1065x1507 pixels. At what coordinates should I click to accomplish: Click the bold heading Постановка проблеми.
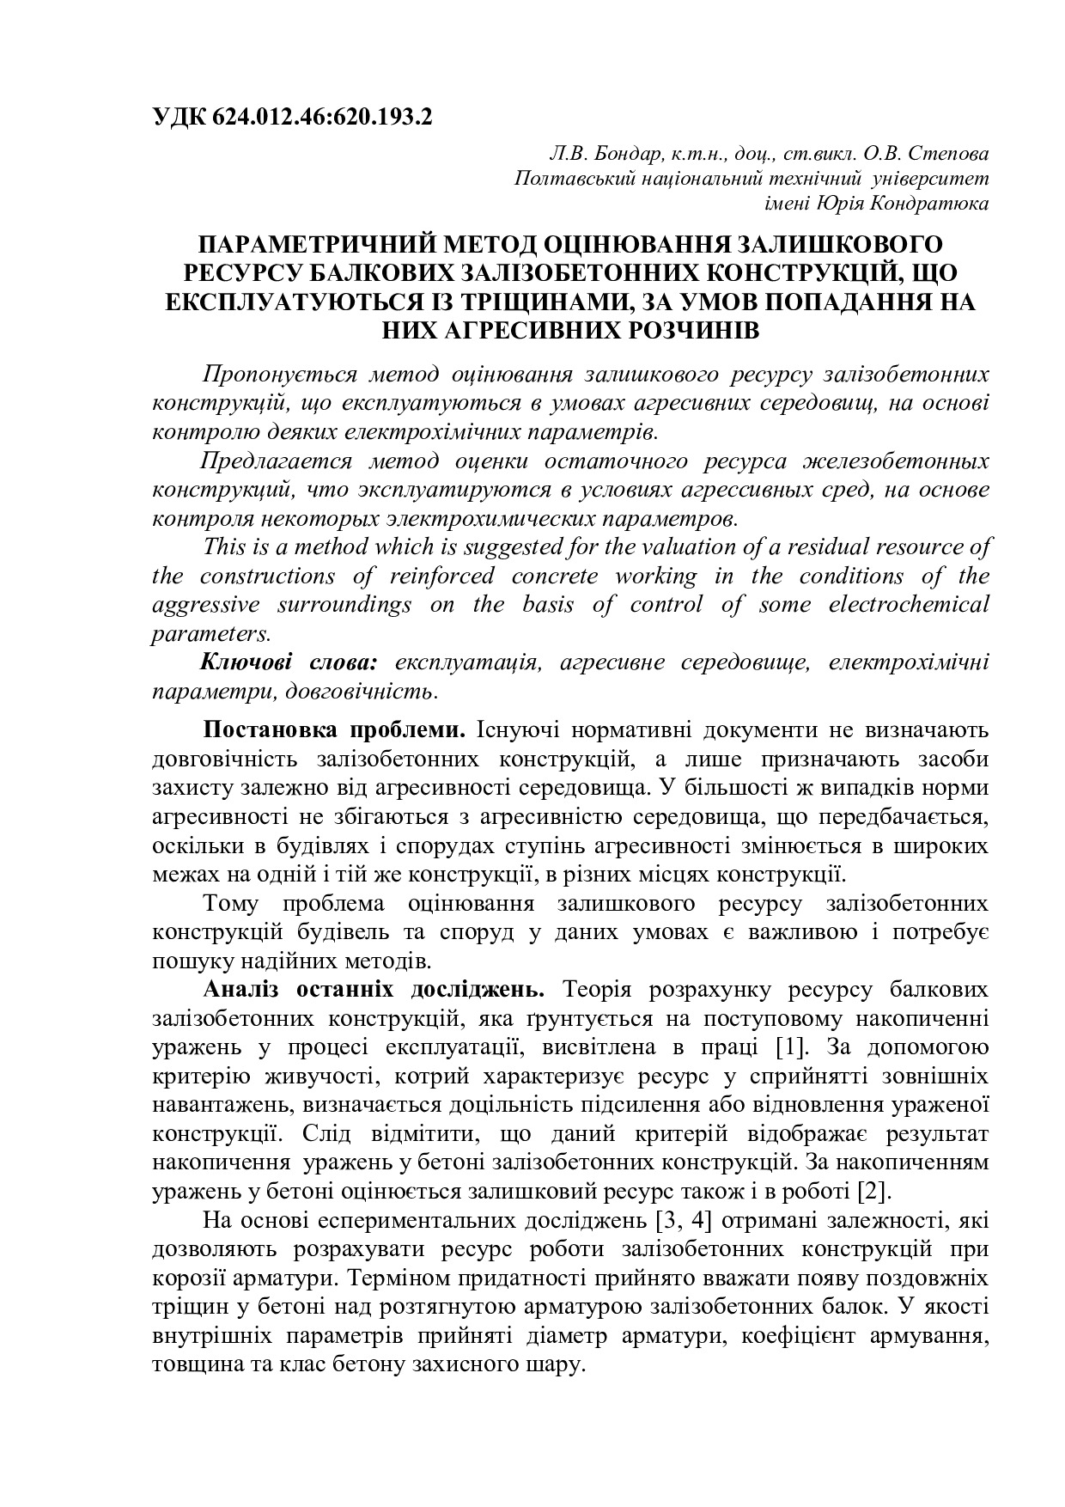click(x=333, y=730)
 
